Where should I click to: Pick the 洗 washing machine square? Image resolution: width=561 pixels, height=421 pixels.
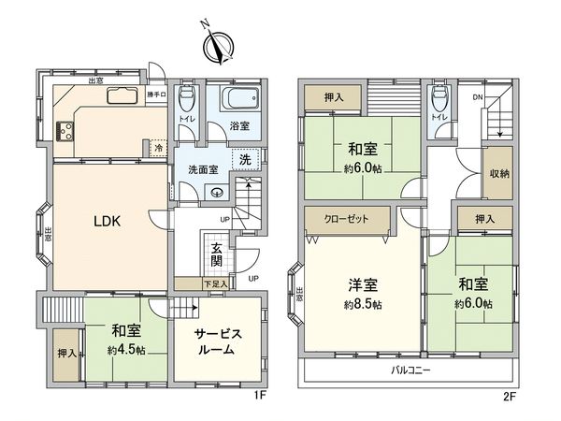point(244,160)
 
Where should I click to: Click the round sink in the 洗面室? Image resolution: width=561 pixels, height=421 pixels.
point(217,193)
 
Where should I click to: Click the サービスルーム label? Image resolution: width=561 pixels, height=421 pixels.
point(220,341)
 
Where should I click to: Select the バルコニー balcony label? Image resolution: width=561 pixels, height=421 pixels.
point(410,371)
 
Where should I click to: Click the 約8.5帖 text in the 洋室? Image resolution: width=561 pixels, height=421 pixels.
point(363,305)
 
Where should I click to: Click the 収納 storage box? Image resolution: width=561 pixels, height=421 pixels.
point(499,174)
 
